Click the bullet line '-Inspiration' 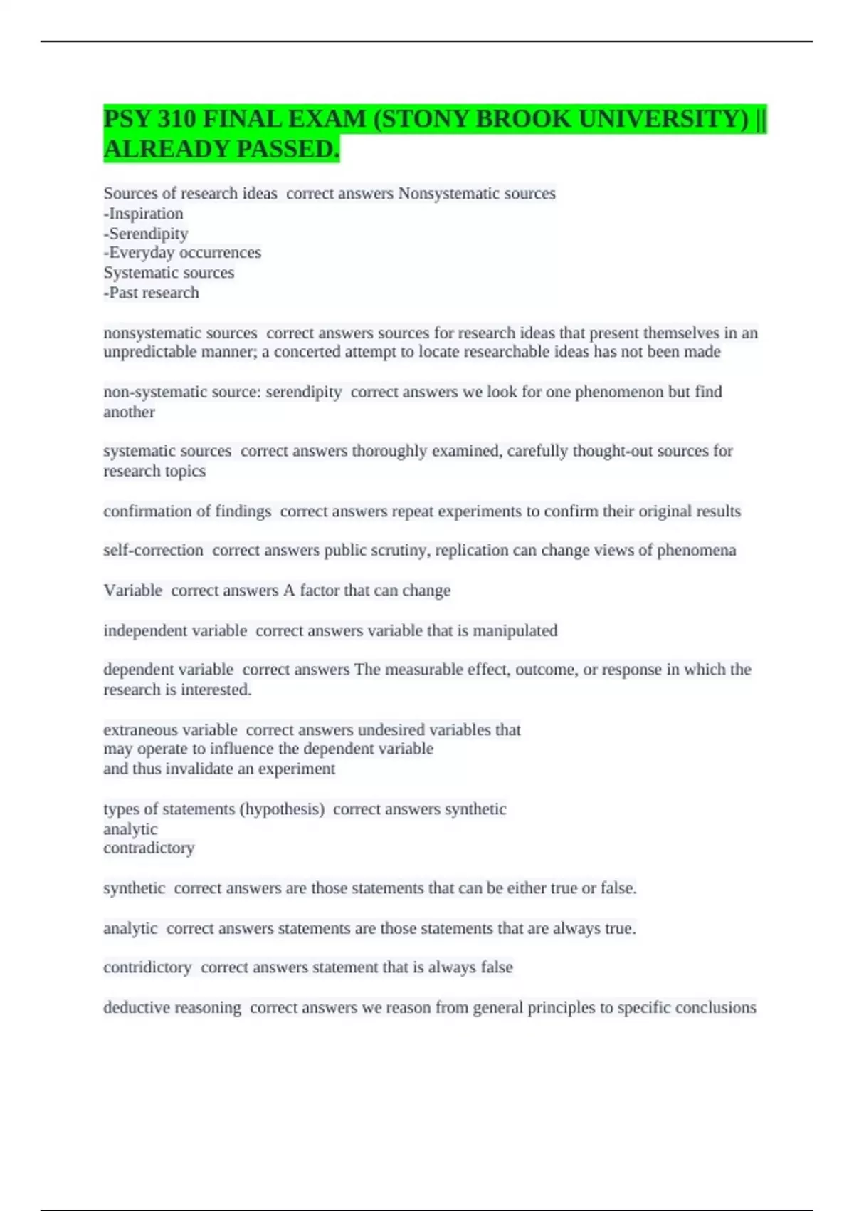pos(143,214)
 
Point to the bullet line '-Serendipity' pos(146,234)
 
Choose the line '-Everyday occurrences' pos(182,253)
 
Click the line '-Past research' pos(151,293)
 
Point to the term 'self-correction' pos(153,550)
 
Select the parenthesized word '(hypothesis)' pos(283,809)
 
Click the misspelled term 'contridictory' pos(147,967)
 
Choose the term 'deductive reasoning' pos(172,1007)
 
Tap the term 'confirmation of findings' pos(187,511)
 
